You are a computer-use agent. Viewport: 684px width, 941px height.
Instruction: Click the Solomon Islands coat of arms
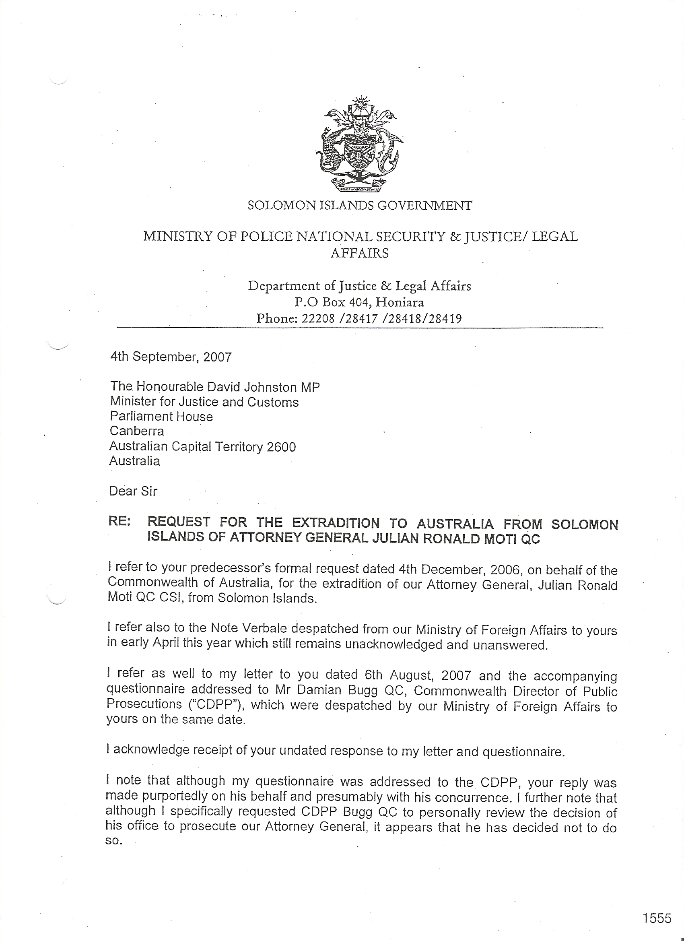(359, 145)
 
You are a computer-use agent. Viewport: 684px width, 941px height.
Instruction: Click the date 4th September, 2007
(171, 357)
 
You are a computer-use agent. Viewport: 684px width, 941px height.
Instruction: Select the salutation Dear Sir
(133, 491)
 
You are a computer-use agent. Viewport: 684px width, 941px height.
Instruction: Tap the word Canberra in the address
(136, 431)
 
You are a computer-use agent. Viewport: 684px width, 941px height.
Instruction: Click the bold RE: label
(119, 522)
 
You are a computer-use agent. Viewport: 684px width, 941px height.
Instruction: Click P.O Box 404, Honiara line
(359, 302)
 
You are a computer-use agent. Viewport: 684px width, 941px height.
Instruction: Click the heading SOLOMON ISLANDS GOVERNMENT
(359, 205)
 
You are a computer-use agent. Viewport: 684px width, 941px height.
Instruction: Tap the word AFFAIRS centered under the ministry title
(359, 253)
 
